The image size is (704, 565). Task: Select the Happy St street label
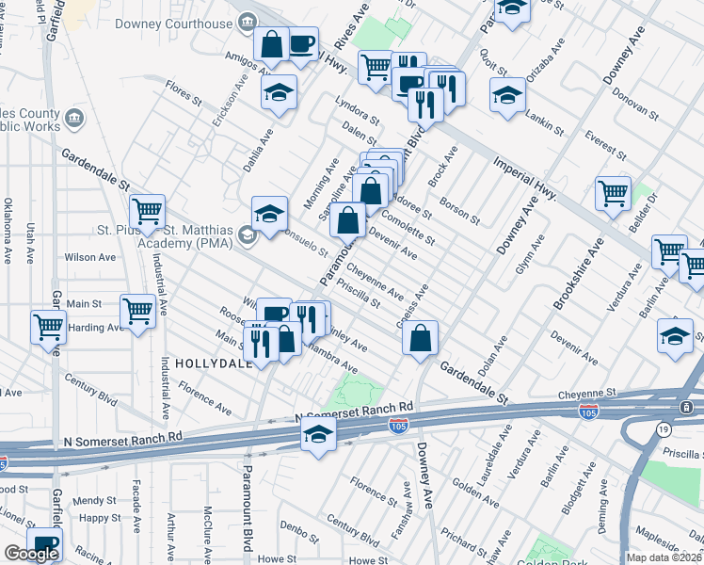[x=101, y=518]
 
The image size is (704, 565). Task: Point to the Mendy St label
[x=98, y=501]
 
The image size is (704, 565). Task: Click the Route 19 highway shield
[x=664, y=428]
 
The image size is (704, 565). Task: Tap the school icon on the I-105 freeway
[x=319, y=434]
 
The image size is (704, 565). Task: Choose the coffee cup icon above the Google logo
[x=43, y=542]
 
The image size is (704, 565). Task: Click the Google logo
[x=31, y=555]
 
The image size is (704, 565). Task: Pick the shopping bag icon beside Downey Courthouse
[x=271, y=43]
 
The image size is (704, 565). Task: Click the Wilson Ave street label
[x=89, y=256]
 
